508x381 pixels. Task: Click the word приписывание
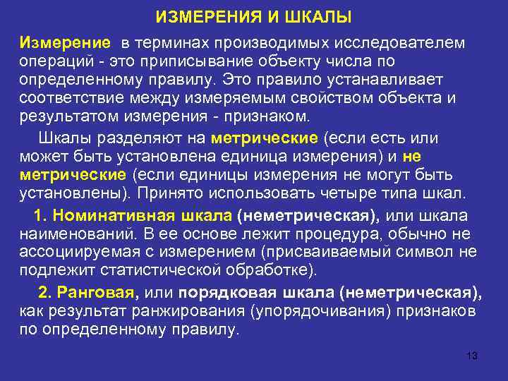pos(188,62)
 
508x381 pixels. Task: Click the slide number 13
pos(472,356)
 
